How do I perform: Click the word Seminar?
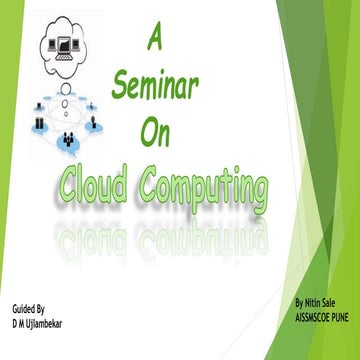[156, 90]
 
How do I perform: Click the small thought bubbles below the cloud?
[62, 86]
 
